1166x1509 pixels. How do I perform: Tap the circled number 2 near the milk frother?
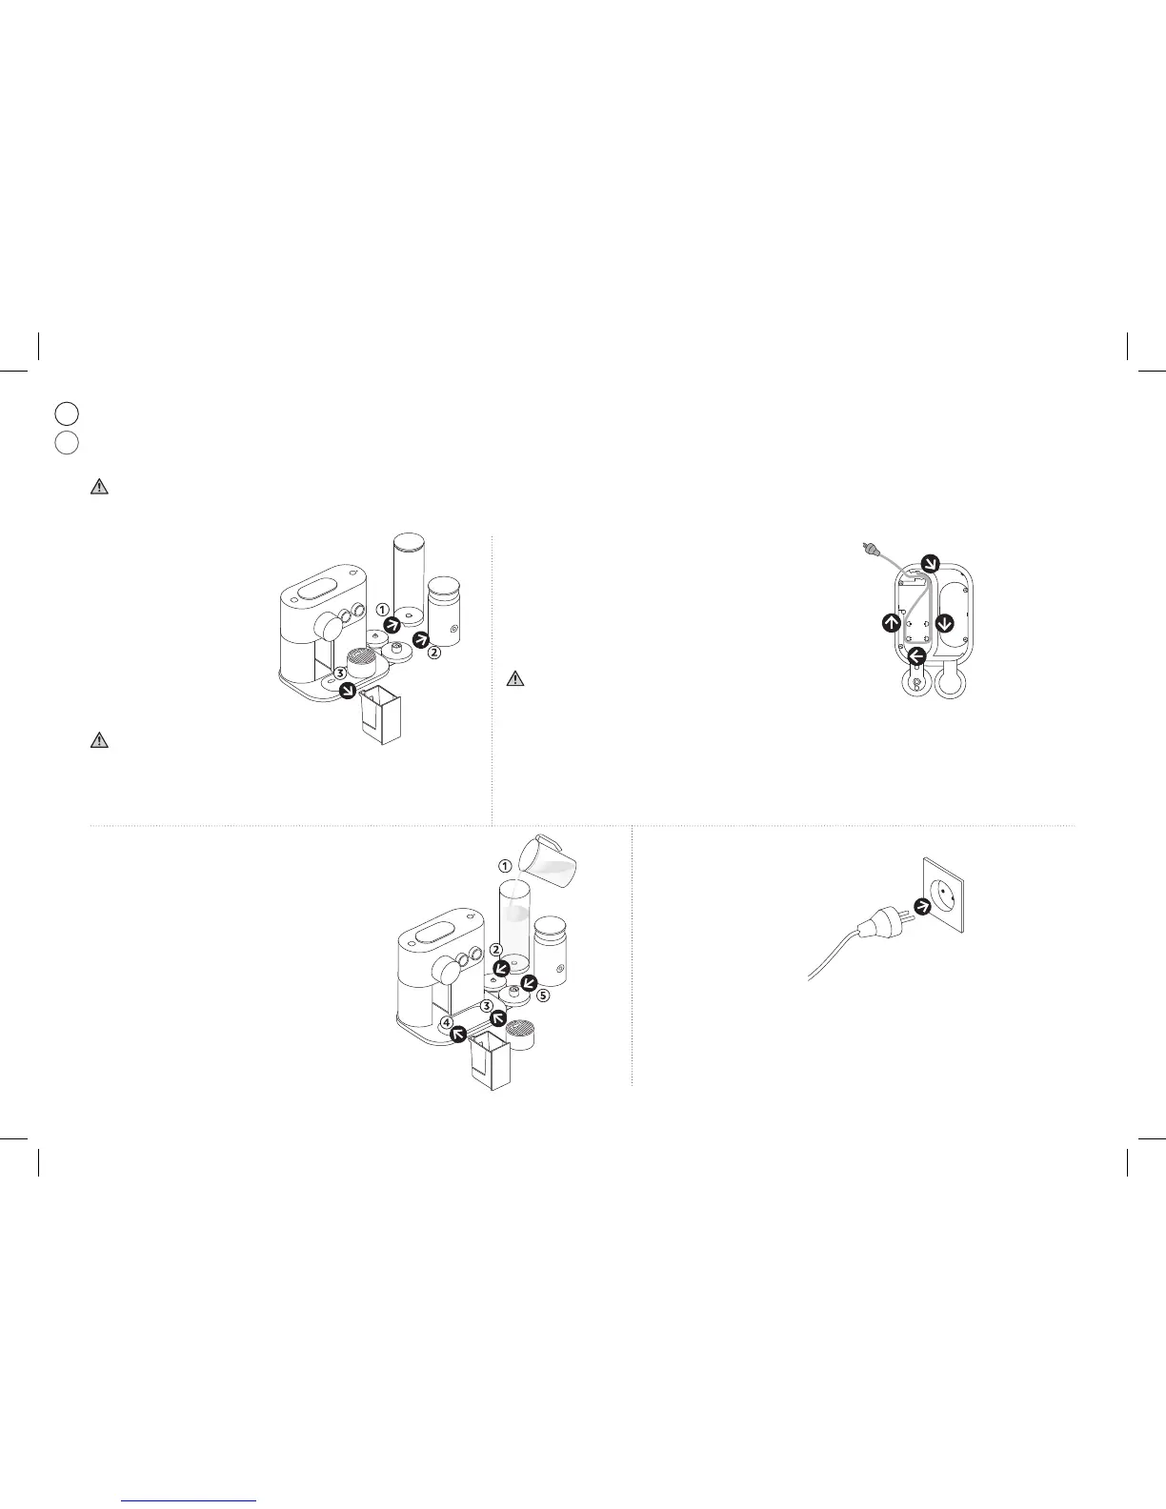pyautogui.click(x=433, y=654)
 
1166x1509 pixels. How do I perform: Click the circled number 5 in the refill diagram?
pyautogui.click(x=543, y=996)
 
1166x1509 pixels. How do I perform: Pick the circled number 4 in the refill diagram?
pyautogui.click(x=448, y=1023)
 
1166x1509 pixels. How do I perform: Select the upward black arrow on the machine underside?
pyautogui.click(x=890, y=623)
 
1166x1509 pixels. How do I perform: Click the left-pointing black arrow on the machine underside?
pyautogui.click(x=916, y=655)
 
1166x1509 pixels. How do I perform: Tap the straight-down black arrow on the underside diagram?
pyautogui.click(x=945, y=623)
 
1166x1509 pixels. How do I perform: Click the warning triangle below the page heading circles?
pyautogui.click(x=99, y=486)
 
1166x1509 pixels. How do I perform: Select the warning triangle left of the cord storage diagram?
pyautogui.click(x=514, y=679)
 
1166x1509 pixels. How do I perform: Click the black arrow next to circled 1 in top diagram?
pyautogui.click(x=392, y=625)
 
